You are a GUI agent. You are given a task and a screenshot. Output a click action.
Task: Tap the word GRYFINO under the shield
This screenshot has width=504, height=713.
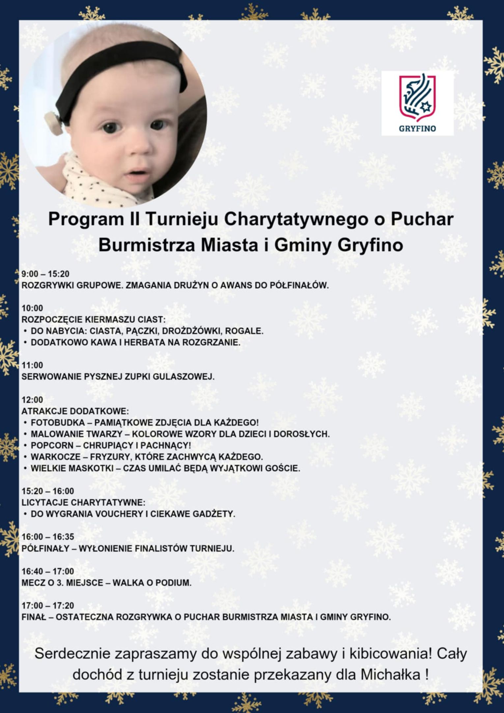[x=417, y=129]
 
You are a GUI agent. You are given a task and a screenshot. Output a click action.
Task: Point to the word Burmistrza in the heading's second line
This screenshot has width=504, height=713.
[x=147, y=245]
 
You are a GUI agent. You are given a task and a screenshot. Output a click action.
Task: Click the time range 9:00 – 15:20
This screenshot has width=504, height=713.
[x=45, y=274]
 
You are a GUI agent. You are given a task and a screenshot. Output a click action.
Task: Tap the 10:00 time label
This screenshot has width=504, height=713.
[x=32, y=308]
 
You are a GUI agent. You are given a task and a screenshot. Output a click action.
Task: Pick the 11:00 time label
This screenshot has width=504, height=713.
[x=32, y=365]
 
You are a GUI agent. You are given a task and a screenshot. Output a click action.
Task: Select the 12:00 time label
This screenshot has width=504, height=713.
[x=32, y=400]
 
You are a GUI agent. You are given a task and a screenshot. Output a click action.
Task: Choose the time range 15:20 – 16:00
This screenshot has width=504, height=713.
[x=48, y=491]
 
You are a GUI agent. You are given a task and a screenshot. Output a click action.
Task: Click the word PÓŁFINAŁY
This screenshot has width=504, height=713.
[x=45, y=549]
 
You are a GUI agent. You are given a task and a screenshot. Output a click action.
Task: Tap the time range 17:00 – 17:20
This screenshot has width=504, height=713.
[x=48, y=606]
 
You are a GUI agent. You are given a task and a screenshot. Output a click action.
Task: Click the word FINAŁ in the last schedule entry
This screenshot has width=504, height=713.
[x=34, y=617]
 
